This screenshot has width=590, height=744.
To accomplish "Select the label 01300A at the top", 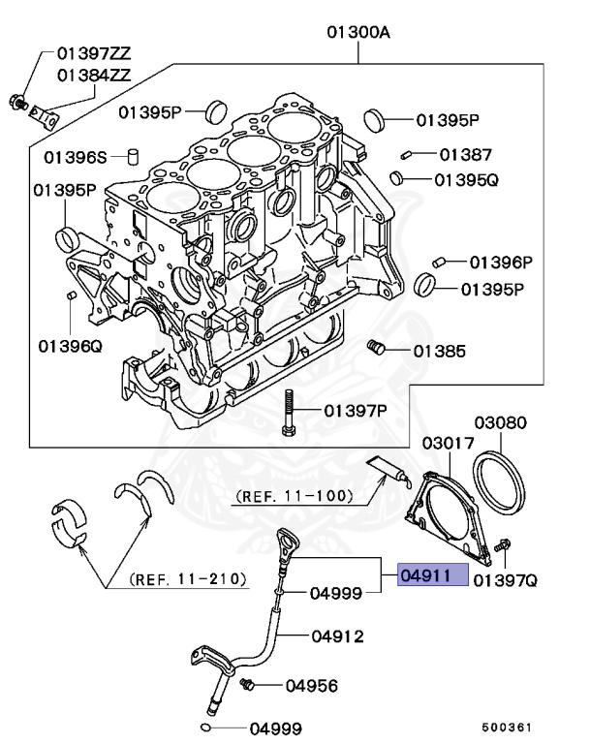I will (x=357, y=33).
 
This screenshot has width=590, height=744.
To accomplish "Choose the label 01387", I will (x=465, y=154).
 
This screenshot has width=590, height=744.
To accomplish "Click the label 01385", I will (x=440, y=351).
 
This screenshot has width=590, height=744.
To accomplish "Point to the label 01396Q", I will (x=70, y=344).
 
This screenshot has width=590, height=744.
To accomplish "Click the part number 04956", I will (x=311, y=686).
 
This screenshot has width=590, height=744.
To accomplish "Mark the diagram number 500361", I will (x=507, y=725).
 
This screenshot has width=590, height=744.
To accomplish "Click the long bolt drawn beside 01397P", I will (x=288, y=413).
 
